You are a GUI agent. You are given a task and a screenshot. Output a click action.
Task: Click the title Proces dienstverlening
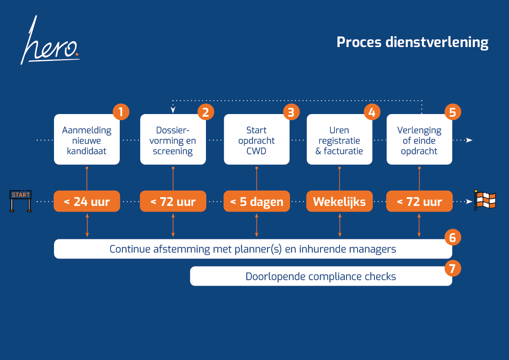[412, 42]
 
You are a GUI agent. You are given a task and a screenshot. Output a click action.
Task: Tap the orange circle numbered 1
[121, 112]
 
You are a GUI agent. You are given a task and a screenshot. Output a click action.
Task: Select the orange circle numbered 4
[372, 112]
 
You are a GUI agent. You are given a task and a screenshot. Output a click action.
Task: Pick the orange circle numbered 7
[452, 269]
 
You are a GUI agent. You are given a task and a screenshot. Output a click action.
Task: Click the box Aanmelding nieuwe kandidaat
[87, 140]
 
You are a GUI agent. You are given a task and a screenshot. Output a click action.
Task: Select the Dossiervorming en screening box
[172, 140]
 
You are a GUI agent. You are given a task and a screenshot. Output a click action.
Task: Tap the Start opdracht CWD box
[256, 140]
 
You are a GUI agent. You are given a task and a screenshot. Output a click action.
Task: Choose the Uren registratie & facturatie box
[339, 140]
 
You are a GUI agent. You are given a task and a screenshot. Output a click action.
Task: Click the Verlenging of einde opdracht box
[419, 140]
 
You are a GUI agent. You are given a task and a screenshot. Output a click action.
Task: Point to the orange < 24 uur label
[87, 202]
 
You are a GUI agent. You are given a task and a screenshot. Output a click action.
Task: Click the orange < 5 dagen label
[256, 202]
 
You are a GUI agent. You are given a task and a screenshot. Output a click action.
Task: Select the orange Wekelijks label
[339, 202]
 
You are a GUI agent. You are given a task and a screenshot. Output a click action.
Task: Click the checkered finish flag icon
[484, 201]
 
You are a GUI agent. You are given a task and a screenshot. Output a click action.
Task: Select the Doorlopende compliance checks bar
[321, 276]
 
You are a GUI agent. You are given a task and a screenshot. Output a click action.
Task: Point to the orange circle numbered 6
[452, 237]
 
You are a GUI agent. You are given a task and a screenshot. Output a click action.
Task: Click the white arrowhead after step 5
[469, 140]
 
